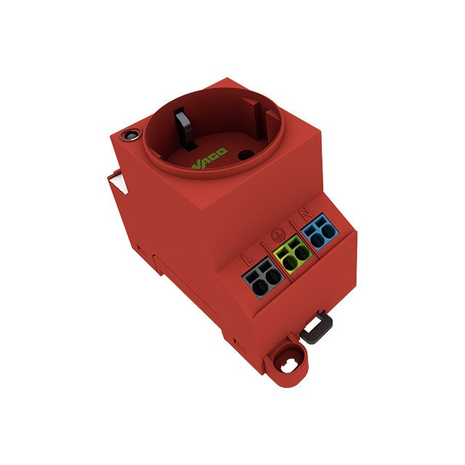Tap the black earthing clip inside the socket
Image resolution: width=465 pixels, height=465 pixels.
click(184, 128)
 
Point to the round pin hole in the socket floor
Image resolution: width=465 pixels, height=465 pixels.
click(246, 155)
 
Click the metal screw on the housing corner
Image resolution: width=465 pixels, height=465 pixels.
click(131, 136)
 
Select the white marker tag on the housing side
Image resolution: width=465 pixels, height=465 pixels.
click(118, 182)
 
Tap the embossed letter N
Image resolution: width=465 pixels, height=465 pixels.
click(306, 213)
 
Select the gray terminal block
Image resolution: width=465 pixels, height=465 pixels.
click(263, 278)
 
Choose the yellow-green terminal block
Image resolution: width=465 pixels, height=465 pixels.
click(293, 254)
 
